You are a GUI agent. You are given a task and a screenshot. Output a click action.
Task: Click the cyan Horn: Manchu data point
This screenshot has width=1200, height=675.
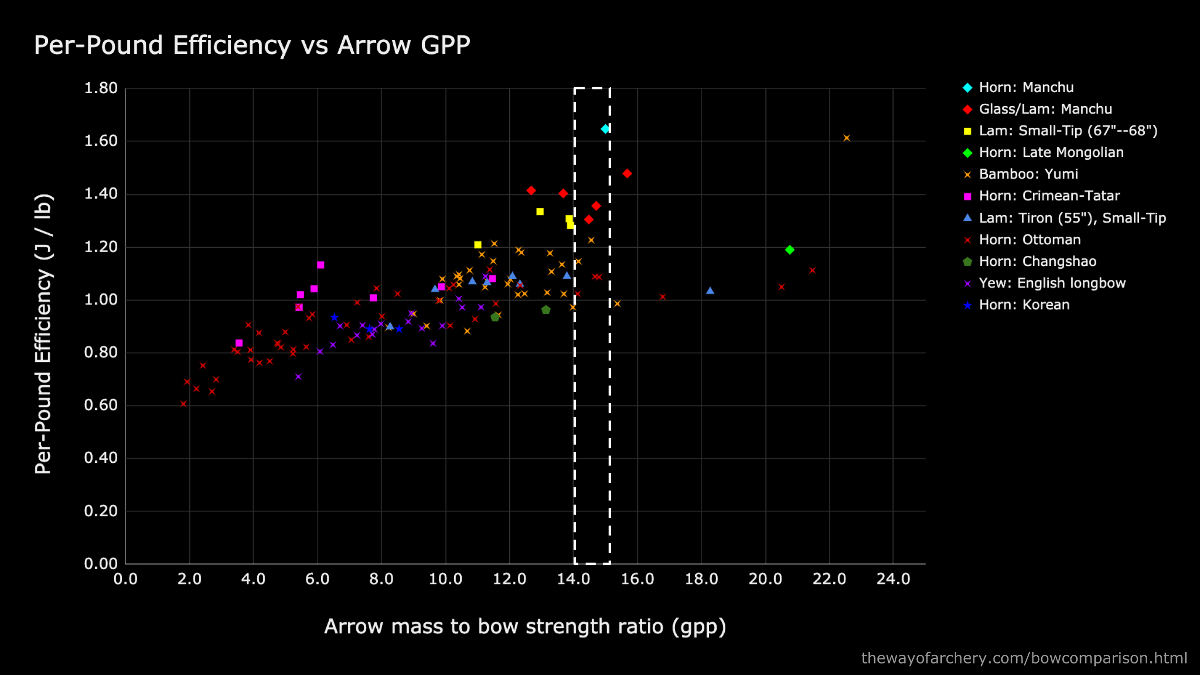pos(605,129)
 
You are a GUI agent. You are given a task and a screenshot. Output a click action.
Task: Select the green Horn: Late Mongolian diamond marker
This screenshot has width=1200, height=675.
pos(790,250)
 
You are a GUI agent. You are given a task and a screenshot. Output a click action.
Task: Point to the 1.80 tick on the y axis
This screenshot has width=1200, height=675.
pos(101,88)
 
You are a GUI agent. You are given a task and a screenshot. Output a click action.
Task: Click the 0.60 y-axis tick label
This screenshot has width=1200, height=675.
pos(101,405)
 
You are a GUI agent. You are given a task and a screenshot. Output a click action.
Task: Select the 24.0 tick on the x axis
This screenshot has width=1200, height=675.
pos(893,579)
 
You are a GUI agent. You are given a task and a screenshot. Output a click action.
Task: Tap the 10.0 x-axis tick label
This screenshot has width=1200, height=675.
pos(445,579)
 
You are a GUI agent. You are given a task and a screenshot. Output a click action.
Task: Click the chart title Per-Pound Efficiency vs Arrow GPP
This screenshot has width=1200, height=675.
pos(252,46)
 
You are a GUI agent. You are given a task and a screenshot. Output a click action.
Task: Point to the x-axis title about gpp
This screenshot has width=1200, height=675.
pos(525,627)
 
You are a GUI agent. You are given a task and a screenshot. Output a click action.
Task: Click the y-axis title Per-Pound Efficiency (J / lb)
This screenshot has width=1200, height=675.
pos(43,334)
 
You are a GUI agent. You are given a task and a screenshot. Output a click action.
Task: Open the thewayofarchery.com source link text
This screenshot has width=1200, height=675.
pos(1024,658)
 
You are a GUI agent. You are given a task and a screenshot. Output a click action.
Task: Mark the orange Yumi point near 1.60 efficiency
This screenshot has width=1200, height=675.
pos(847,138)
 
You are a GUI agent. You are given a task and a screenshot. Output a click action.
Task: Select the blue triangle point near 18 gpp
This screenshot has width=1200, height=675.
pos(710,290)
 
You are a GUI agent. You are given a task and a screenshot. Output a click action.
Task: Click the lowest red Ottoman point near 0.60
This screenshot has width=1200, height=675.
pos(183,404)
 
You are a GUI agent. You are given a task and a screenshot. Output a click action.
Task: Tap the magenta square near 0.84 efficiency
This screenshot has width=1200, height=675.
pos(239,343)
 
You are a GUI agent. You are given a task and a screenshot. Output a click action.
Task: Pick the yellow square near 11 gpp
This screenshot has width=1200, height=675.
pos(478,245)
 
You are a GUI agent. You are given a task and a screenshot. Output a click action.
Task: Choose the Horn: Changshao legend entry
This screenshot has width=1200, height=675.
pos(1037,262)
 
